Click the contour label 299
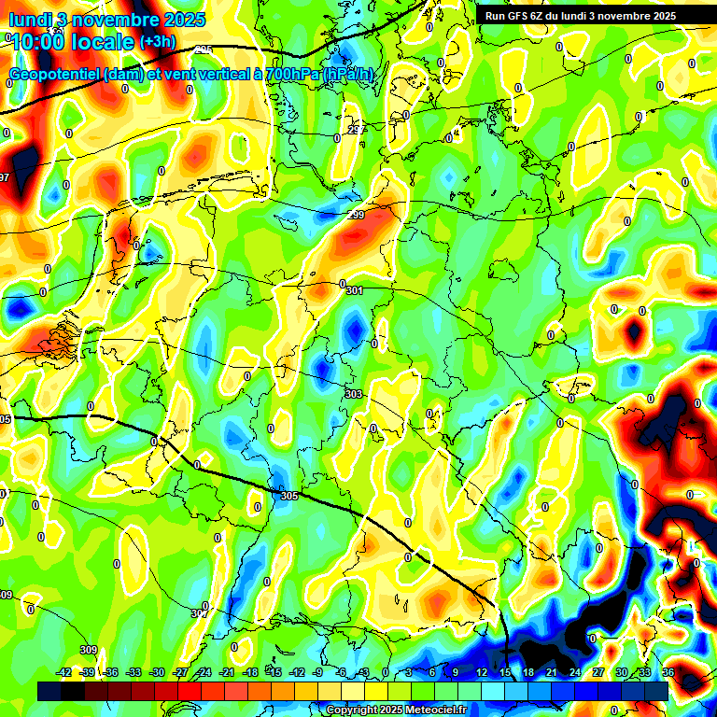356,216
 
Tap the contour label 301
354,291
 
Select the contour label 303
353,395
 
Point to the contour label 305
288,496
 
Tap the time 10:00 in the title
39,41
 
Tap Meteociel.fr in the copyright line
434,710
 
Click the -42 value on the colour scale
63,672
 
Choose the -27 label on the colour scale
179,672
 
